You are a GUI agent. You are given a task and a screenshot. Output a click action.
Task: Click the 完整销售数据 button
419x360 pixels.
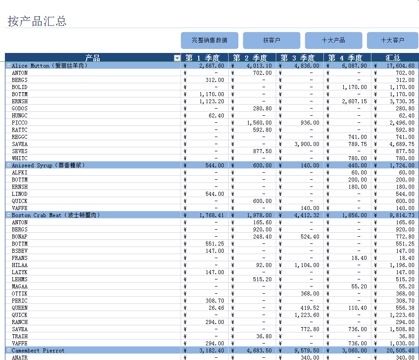(x=209, y=40)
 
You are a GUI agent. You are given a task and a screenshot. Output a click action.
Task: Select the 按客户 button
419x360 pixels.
(x=271, y=40)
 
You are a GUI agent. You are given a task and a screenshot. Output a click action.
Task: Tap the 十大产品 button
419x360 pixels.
(x=334, y=40)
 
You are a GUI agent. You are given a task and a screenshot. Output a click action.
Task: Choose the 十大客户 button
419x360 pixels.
(x=392, y=40)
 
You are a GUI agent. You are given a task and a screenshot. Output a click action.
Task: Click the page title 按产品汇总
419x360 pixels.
(x=37, y=21)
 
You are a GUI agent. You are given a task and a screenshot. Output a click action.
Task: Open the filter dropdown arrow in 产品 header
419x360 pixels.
(x=177, y=58)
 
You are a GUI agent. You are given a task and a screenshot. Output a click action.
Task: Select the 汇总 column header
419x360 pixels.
(x=393, y=58)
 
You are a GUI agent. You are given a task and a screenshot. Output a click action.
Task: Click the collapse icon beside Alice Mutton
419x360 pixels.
(x=8, y=65)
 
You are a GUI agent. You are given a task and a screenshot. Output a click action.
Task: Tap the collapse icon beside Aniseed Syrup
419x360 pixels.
(x=8, y=165)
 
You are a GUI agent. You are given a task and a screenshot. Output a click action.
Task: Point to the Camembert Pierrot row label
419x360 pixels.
(x=38, y=350)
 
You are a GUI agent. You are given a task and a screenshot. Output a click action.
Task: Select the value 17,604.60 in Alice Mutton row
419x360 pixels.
(x=398, y=66)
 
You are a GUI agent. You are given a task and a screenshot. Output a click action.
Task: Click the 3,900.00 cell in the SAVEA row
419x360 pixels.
(x=304, y=144)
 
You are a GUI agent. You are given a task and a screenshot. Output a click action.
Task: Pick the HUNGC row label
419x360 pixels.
(x=20, y=116)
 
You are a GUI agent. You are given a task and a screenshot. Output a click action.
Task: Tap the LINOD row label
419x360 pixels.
(x=20, y=194)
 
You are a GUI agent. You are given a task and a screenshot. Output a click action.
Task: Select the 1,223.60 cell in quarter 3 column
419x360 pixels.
(x=304, y=315)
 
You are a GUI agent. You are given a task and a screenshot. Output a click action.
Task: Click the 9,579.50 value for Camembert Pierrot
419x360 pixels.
(x=304, y=351)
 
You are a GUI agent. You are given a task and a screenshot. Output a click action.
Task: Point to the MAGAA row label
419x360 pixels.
(x=20, y=287)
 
